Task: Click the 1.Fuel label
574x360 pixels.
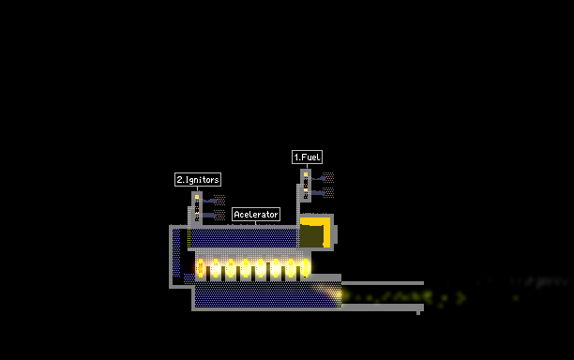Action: [x=307, y=157]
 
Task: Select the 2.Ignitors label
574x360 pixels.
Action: [x=198, y=180]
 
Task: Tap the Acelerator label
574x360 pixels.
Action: [x=256, y=215]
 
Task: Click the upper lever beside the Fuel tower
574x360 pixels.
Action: [x=319, y=178]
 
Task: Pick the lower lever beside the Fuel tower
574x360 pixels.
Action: [x=319, y=193]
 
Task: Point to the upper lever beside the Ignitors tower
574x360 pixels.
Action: [x=210, y=201]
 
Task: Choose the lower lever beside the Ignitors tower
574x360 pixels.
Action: [x=210, y=215]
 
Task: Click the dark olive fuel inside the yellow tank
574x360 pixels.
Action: [x=311, y=236]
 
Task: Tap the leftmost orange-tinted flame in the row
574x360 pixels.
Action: [x=200, y=267]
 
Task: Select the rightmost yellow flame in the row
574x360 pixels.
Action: [x=306, y=267]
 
